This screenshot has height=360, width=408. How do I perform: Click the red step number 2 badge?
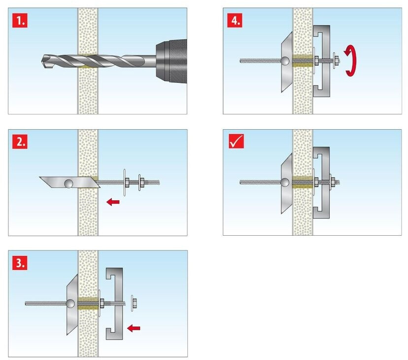19,142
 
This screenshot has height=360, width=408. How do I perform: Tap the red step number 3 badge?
19,262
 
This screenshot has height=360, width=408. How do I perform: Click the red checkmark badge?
235,142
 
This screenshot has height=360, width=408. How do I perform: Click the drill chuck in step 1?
170,62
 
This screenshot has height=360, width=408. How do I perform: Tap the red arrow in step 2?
113,202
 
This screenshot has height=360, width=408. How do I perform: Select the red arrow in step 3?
133,326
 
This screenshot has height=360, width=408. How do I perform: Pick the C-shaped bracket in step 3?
114,302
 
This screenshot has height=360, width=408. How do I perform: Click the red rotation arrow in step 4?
350,61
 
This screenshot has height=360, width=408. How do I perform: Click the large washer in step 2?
122,183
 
